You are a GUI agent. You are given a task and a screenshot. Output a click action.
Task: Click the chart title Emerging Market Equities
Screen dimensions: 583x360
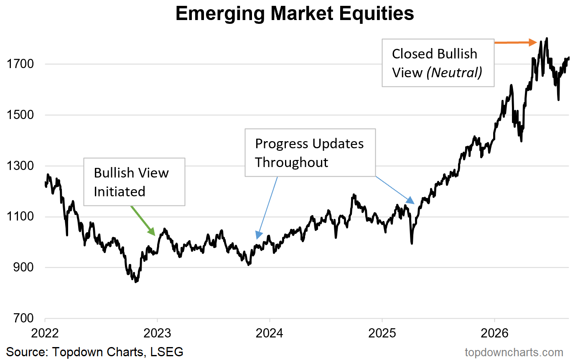[x=295, y=13]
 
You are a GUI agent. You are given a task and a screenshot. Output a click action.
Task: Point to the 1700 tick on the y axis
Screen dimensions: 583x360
[x=20, y=64]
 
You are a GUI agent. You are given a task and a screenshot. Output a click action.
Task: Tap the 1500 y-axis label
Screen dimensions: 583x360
[x=20, y=115]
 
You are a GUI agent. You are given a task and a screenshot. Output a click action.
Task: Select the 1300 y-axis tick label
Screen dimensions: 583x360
[x=20, y=166]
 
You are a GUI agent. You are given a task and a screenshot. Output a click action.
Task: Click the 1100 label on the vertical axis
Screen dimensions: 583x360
[x=20, y=217]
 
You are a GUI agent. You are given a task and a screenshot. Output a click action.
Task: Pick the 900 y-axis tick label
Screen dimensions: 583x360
[x=23, y=267]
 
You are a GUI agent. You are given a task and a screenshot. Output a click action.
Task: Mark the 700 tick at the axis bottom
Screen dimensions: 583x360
[x=23, y=318]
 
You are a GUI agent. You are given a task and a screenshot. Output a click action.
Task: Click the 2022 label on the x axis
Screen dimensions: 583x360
[x=45, y=333]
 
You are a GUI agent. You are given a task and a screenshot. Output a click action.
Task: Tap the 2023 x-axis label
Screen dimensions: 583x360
[x=158, y=333]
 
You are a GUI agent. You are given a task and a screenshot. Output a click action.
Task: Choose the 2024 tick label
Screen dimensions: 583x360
[x=270, y=333]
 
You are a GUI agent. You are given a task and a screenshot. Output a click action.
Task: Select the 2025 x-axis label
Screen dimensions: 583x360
[x=382, y=333]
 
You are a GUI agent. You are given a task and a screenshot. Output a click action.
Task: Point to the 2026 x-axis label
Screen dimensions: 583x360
[x=494, y=333]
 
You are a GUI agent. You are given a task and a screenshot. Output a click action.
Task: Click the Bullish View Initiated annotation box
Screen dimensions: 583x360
[x=134, y=182]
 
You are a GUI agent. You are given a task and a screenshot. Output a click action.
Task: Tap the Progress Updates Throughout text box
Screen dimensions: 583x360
[x=310, y=153]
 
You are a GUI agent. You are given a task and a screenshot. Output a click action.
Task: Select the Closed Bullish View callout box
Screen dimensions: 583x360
[x=438, y=63]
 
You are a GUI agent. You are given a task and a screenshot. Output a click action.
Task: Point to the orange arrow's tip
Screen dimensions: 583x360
[x=537, y=42]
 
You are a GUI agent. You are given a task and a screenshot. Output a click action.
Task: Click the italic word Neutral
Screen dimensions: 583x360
[x=454, y=73]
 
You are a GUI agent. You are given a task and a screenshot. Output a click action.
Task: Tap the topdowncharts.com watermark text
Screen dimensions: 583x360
[x=514, y=352]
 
